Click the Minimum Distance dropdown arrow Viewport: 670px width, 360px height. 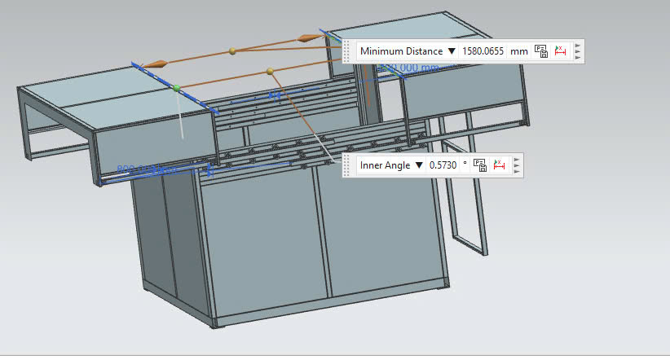(x=451, y=51)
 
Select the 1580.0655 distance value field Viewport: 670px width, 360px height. (x=483, y=51)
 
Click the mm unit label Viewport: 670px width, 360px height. (x=519, y=51)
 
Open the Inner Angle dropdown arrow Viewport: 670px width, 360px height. (x=419, y=165)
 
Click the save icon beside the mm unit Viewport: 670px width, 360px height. (x=541, y=51)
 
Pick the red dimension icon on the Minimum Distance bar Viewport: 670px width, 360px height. (x=560, y=51)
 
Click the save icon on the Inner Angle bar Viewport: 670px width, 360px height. (x=480, y=165)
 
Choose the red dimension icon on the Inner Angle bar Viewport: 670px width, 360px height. (x=500, y=165)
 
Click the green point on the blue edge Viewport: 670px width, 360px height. (x=176, y=87)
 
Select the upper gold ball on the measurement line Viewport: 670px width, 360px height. (x=233, y=51)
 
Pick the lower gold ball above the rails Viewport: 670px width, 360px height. (x=270, y=72)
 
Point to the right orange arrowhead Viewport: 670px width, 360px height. (x=309, y=37)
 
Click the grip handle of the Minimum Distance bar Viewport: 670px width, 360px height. (x=347, y=51)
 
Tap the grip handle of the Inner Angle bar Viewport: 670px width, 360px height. (x=347, y=165)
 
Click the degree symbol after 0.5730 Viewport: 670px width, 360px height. (x=465, y=164)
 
